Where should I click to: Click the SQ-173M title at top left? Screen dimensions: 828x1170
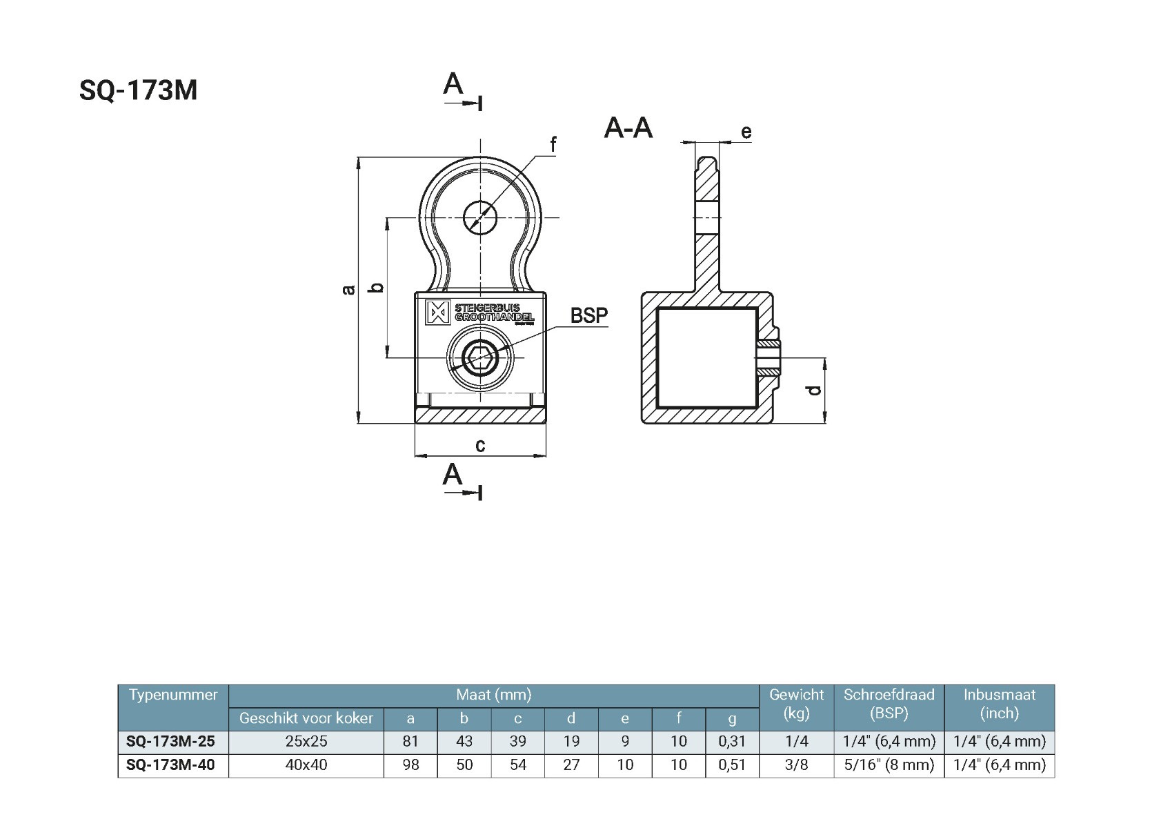click(138, 90)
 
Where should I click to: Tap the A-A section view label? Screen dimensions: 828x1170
click(628, 128)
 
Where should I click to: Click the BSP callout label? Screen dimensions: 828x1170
click(589, 315)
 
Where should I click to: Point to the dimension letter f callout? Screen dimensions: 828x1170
click(553, 145)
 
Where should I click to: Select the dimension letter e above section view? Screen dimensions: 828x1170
click(746, 132)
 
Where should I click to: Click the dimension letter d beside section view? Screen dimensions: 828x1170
click(815, 391)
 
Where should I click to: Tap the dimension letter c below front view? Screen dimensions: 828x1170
click(480, 446)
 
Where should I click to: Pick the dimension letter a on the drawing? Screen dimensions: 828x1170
click(349, 289)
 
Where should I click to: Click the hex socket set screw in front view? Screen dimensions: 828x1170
click(480, 357)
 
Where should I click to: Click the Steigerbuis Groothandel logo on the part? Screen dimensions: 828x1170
click(480, 312)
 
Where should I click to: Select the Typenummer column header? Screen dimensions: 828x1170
click(173, 695)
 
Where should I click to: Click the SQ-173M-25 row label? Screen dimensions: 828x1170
click(170, 742)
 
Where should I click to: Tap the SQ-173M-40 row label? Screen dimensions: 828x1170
click(170, 765)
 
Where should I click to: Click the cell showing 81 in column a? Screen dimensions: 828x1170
click(410, 742)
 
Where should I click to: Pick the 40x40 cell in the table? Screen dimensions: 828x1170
click(306, 765)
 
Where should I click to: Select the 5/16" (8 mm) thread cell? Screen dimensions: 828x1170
click(889, 765)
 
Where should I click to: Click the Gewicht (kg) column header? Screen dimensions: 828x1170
click(796, 704)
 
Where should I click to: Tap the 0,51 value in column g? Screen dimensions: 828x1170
click(732, 765)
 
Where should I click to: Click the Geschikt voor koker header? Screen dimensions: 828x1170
click(306, 718)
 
